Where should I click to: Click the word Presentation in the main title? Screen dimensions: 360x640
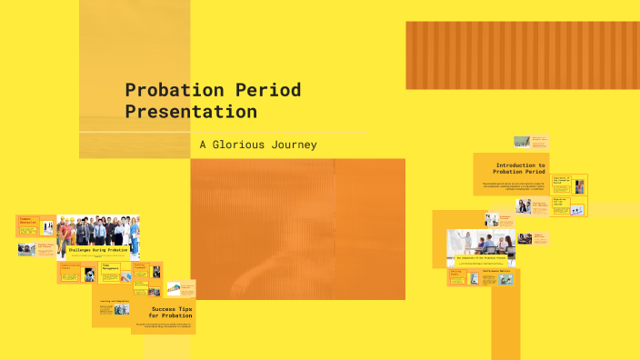click(190, 112)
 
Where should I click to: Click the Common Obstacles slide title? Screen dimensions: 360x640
click(26, 219)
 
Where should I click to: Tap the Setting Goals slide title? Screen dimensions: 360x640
click(455, 272)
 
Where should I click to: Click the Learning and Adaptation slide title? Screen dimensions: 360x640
click(116, 300)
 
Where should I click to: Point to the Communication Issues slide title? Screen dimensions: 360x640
click(70, 265)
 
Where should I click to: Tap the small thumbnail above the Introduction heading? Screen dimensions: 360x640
click(522, 142)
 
